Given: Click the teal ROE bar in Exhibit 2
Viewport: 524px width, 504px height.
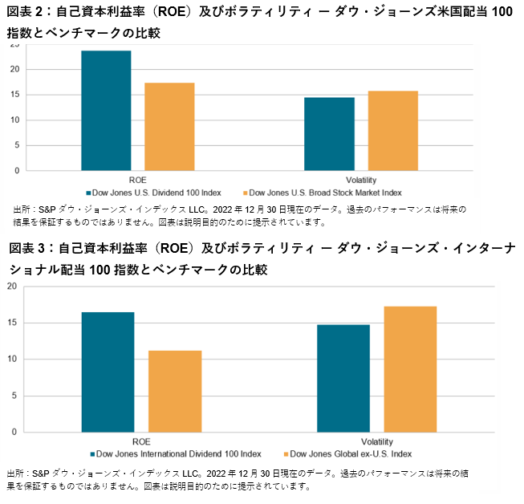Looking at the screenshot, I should [x=106, y=111].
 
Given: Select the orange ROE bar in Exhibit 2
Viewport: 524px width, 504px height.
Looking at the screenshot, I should [x=169, y=127].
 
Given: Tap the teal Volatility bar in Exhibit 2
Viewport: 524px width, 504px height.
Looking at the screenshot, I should [x=329, y=134].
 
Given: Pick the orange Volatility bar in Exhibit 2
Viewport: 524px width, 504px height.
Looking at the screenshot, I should [x=392, y=131].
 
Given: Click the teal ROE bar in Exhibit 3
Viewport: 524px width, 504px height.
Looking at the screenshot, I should [x=108, y=372].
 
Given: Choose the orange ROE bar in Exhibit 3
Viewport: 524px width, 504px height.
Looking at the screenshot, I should [x=175, y=391].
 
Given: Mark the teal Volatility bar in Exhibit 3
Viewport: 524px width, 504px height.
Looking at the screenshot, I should [x=343, y=378].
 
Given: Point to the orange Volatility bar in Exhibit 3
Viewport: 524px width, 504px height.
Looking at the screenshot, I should [x=410, y=369].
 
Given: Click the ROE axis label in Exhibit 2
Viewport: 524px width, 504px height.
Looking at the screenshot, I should [x=137, y=179].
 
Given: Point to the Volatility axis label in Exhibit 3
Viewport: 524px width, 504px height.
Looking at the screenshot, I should [x=376, y=441].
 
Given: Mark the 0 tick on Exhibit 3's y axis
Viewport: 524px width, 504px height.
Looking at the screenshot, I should [x=12, y=432].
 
